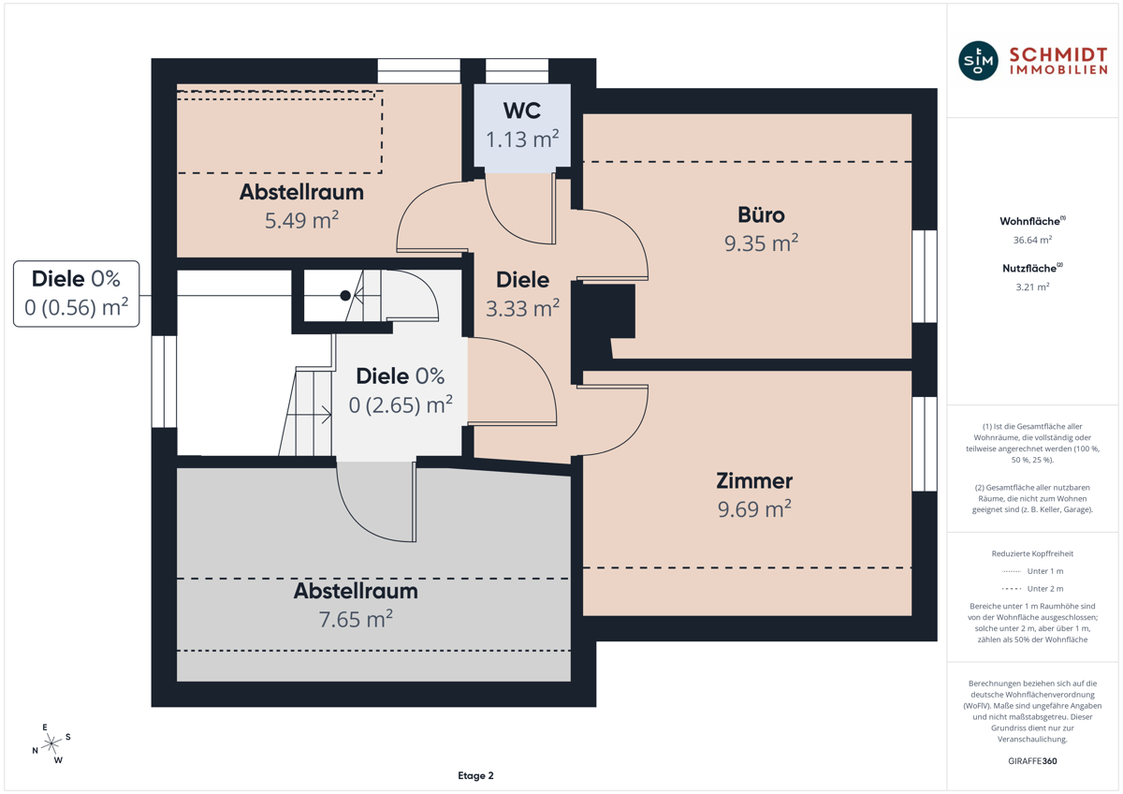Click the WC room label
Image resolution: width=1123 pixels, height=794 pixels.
coord(522,110)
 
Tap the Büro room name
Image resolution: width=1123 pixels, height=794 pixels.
coord(761,215)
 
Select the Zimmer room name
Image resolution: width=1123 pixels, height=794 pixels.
coord(754,481)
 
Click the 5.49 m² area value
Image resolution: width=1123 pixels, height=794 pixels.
coord(301,220)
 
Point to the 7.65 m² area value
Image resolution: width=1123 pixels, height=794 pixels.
coord(356,619)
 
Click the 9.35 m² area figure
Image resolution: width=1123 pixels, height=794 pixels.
coord(761,243)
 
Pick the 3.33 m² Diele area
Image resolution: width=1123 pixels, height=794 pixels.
coord(522,308)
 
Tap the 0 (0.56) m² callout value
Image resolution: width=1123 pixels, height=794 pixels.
coord(76,307)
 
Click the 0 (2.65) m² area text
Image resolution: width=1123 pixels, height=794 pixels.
coord(401,404)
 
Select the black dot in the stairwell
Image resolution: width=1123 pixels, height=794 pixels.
coord(345,296)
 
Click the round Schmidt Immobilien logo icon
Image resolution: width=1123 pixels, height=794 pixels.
coord(978,61)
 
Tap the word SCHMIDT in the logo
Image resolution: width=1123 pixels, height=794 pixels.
coord(1057,54)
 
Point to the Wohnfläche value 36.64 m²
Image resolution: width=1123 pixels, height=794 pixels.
coord(1032,240)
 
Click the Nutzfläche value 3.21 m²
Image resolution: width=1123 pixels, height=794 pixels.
coord(1032,287)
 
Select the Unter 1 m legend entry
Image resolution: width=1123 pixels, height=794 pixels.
coord(1032,571)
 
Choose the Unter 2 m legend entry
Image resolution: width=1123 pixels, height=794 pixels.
coord(1032,588)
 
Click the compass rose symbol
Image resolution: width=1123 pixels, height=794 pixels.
coord(51,743)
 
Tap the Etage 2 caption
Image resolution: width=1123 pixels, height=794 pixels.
coord(475,775)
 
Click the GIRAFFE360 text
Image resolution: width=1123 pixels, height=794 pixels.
coord(1032,761)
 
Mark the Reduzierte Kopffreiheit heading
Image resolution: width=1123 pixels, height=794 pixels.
coord(1032,553)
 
